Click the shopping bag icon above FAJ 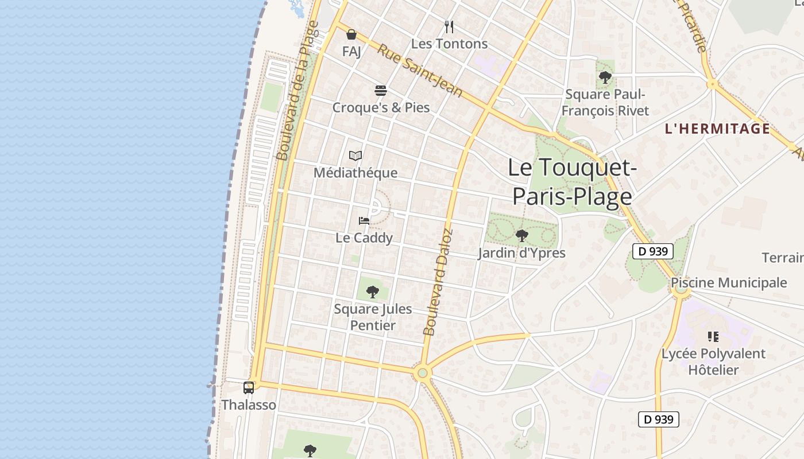351,35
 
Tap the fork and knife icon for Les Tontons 449,26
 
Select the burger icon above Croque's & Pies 380,91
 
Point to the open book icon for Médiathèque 355,155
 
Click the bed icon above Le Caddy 364,220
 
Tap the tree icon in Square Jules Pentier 373,292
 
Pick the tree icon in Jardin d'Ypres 521,235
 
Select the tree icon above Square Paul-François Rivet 605,77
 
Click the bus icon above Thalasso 248,388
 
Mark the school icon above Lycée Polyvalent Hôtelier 713,337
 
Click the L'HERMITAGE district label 717,129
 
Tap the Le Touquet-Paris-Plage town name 573,182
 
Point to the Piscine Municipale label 729,282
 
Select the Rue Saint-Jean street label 419,71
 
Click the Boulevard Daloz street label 438,282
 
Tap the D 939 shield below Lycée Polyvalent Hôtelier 659,419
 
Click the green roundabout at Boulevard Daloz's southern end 423,373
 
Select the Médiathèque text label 355,173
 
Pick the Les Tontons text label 449,44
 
